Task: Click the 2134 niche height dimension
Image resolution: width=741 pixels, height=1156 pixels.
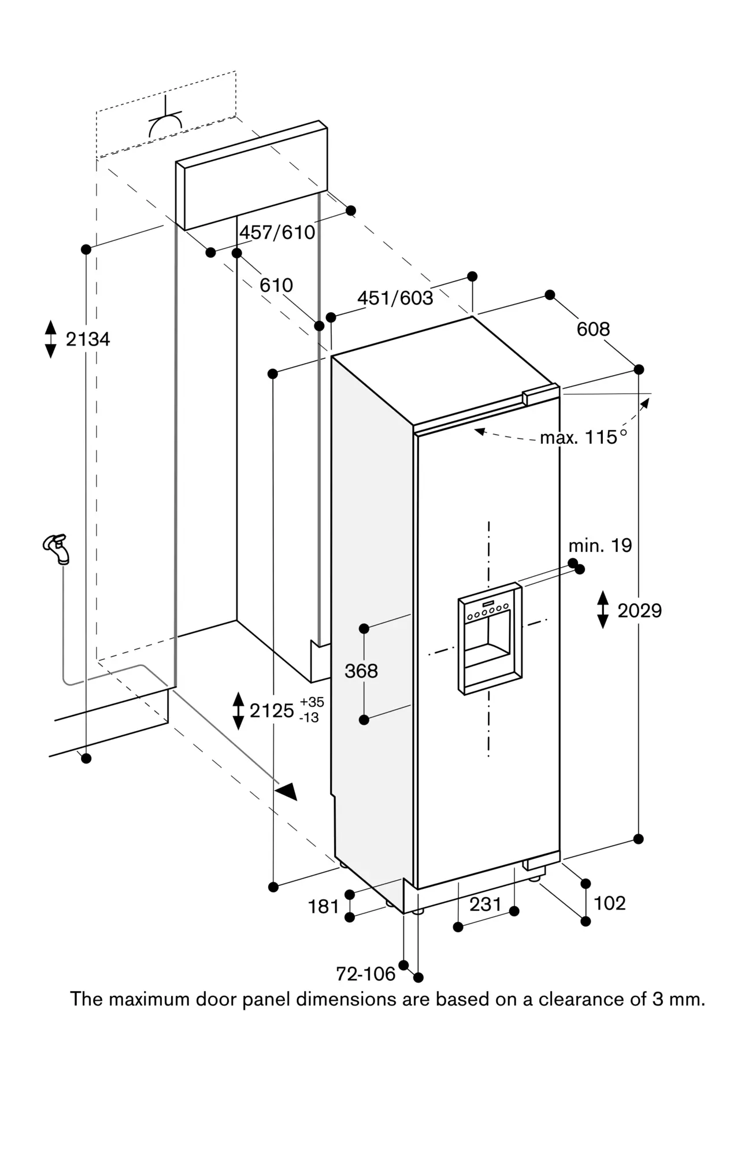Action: [x=88, y=339]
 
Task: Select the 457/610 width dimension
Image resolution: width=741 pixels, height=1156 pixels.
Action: [x=277, y=232]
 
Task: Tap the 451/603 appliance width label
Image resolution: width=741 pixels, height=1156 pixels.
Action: [x=395, y=298]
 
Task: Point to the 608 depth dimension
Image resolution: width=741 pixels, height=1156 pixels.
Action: [x=593, y=329]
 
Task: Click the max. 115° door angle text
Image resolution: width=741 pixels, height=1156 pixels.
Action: [x=583, y=438]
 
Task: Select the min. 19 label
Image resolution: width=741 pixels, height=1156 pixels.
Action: [x=600, y=545]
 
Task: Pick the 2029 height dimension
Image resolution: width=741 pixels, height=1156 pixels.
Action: [x=639, y=610]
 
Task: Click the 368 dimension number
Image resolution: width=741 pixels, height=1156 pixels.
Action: [x=361, y=671]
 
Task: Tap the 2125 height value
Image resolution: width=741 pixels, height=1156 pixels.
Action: [x=272, y=710]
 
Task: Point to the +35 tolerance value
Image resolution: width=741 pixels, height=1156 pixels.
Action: [x=312, y=702]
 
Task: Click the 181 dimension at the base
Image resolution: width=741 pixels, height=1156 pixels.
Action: [x=323, y=907]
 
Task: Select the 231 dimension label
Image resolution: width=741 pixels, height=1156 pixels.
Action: [x=485, y=904]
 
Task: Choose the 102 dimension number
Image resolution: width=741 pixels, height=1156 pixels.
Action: [x=610, y=903]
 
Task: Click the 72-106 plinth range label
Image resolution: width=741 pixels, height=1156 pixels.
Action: [x=366, y=974]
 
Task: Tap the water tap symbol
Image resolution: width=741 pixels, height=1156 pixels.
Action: [x=57, y=549]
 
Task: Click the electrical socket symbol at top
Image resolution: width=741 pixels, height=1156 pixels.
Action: [x=165, y=118]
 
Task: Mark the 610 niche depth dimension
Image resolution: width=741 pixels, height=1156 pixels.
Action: [x=276, y=285]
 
